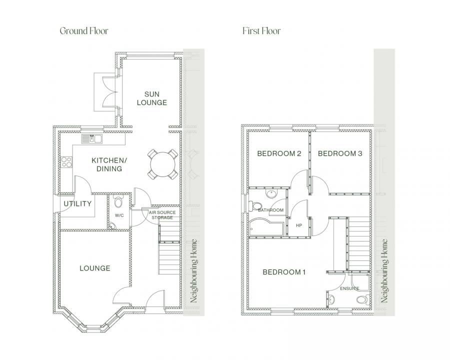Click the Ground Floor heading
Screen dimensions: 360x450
click(x=83, y=31)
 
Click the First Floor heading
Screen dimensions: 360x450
click(x=261, y=31)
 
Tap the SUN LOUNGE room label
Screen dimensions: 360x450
click(x=155, y=98)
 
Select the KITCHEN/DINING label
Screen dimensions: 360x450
click(x=106, y=164)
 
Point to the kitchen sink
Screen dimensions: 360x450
click(x=92, y=138)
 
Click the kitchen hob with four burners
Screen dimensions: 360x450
click(x=65, y=161)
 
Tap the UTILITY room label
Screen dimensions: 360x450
click(x=77, y=203)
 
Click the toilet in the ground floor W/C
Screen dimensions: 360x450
click(x=118, y=202)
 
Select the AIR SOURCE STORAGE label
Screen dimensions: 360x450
click(x=162, y=214)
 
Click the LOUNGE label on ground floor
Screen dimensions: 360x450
click(x=94, y=268)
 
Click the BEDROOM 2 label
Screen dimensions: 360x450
click(x=278, y=153)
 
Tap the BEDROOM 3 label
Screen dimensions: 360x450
click(x=340, y=153)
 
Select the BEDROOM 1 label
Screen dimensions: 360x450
click(x=284, y=272)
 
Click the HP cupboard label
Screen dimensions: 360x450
click(x=299, y=225)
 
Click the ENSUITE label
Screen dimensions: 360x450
click(x=349, y=288)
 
